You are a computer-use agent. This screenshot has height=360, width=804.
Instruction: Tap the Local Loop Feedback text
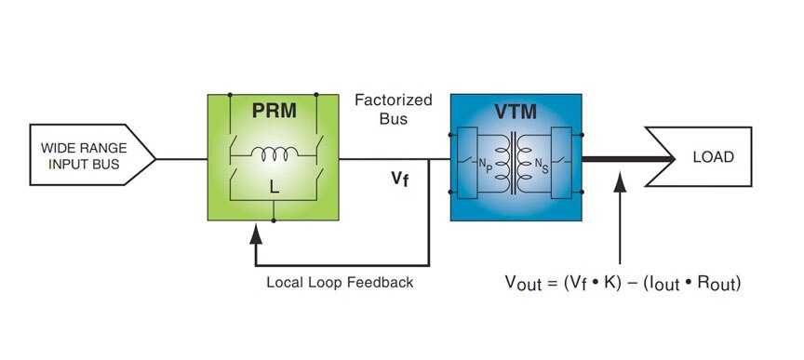[340, 281]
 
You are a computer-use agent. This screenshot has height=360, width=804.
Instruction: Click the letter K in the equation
[611, 282]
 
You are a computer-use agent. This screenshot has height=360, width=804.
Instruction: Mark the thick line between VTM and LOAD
[628, 158]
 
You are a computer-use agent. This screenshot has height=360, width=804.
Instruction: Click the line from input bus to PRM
[181, 158]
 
